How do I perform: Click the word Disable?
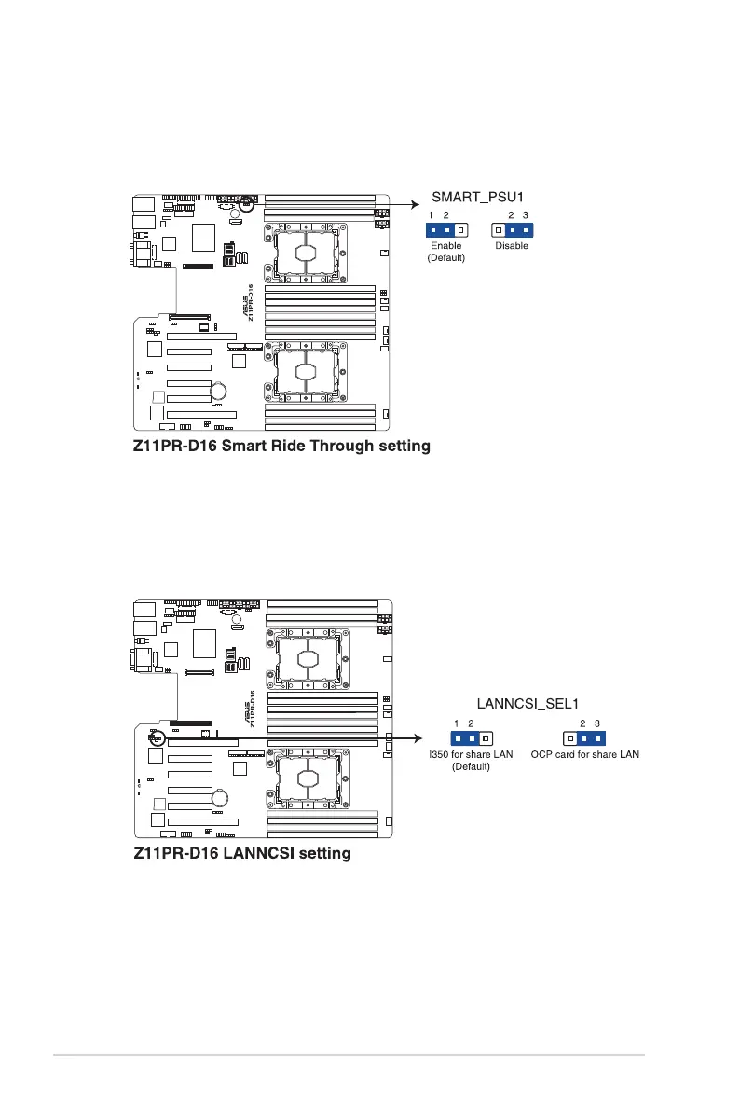(x=512, y=246)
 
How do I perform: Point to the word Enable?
(x=445, y=246)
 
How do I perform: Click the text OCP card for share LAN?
(x=585, y=754)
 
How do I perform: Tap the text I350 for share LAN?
(x=471, y=754)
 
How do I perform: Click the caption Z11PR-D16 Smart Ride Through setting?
(x=281, y=447)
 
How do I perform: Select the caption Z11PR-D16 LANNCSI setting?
(x=241, y=853)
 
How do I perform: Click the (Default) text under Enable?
(x=445, y=257)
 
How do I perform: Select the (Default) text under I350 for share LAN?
(x=471, y=766)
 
